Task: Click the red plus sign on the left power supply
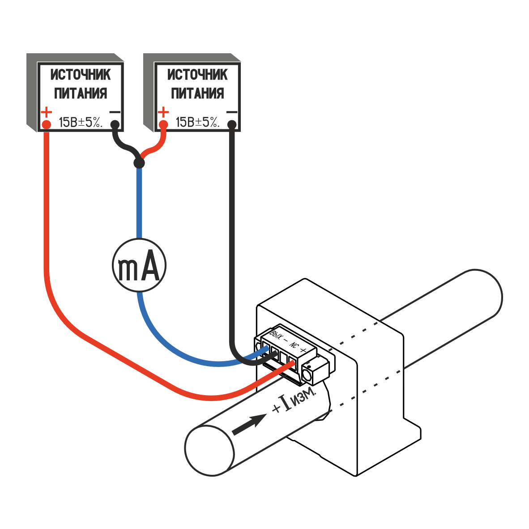pos(46,111)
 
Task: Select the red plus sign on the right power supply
pos(163,111)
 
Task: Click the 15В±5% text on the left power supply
pos(81,122)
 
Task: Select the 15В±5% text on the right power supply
pos(197,122)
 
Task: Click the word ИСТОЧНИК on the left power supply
pos(81,75)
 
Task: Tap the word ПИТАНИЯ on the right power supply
pos(197,94)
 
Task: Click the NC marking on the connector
pos(294,344)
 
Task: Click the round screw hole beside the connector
pos(308,373)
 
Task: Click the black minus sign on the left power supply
pos(115,112)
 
